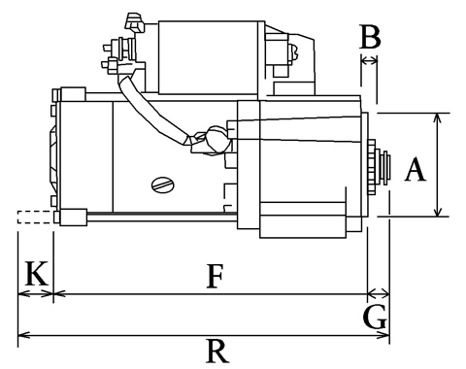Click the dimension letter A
416,169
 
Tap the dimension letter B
370,37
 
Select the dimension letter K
37,274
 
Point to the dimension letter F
215,276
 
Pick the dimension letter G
375,317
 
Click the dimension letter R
217,351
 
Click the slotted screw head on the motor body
163,185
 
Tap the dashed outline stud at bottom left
35,217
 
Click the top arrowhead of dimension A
438,117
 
